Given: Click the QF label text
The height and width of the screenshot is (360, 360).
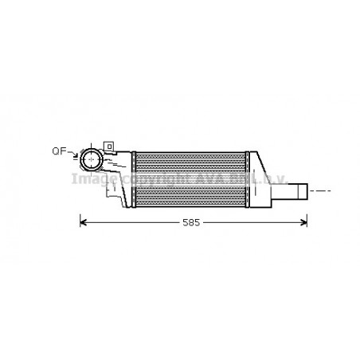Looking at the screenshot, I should [x=59, y=151].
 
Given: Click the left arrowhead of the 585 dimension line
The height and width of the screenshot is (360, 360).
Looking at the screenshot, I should [x=83, y=222].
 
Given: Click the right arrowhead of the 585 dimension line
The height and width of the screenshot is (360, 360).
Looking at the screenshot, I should [x=304, y=222].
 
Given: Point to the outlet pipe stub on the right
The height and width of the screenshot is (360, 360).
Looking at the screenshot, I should [x=297, y=191].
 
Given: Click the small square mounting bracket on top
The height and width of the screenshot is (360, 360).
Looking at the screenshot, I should [x=109, y=146].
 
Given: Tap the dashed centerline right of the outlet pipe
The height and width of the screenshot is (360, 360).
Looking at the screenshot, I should [x=319, y=191].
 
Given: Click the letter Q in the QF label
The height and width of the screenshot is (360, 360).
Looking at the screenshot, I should [x=56, y=151].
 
